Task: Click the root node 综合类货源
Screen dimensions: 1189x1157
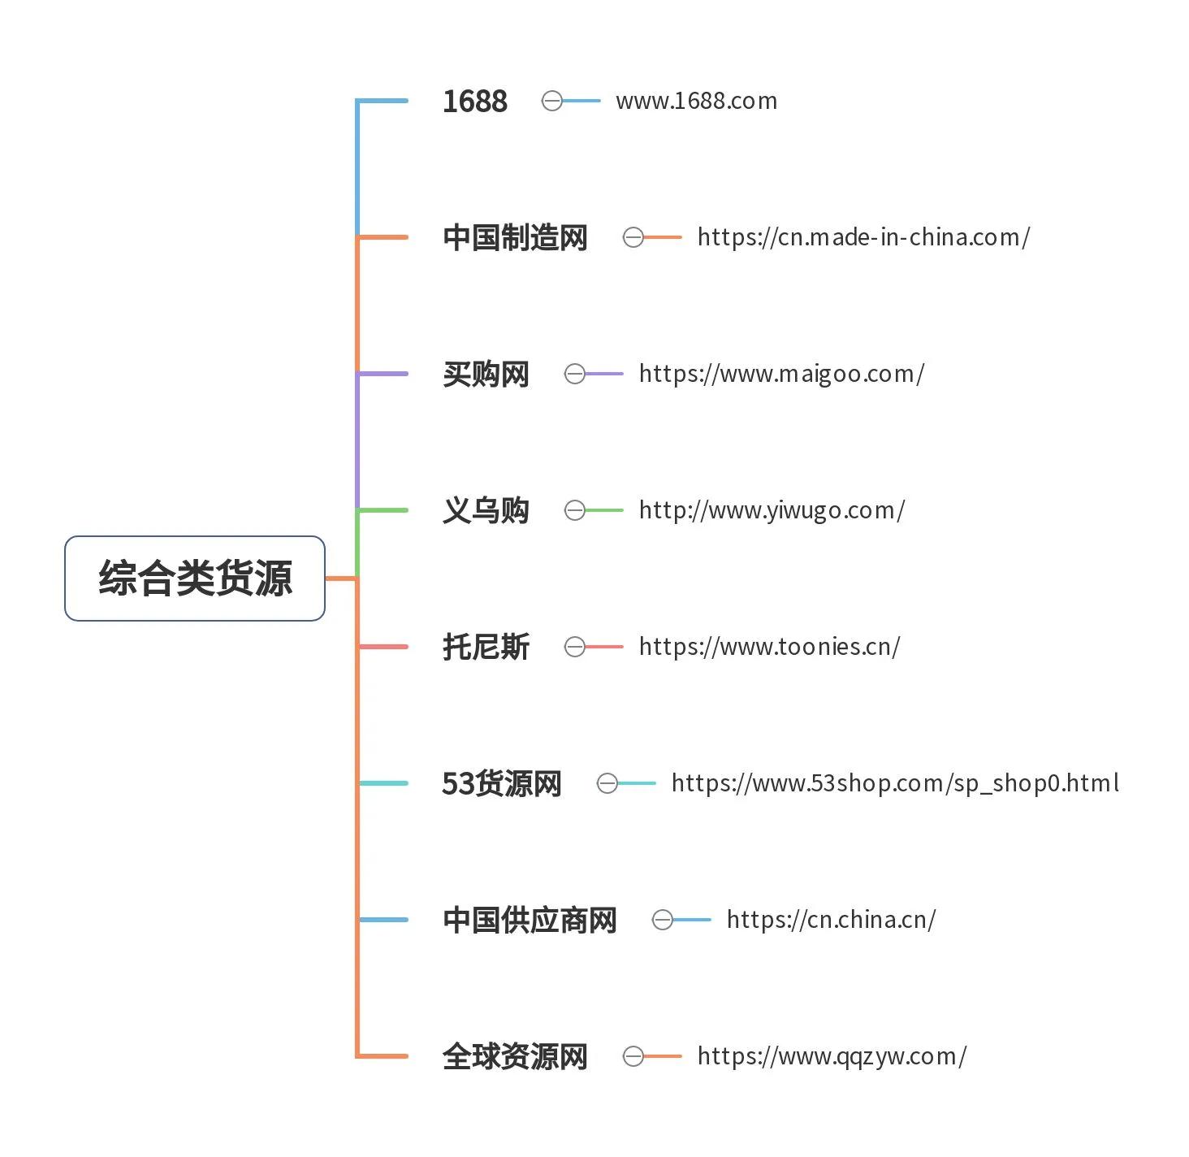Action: pyautogui.click(x=194, y=578)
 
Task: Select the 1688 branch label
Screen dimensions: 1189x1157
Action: pyautogui.click(x=475, y=101)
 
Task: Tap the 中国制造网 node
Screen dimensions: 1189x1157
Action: pyautogui.click(x=515, y=237)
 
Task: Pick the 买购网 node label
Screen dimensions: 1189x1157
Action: pyautogui.click(x=486, y=374)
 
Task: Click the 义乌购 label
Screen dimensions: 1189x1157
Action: pyautogui.click(x=486, y=509)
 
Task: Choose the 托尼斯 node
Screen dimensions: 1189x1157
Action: pyautogui.click(x=486, y=646)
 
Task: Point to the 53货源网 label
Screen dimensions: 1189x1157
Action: pyautogui.click(x=502, y=783)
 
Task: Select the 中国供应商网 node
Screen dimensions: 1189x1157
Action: pyautogui.click(x=530, y=919)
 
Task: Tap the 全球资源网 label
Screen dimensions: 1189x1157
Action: pyautogui.click(x=515, y=1055)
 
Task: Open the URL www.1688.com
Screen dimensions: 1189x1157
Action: pyautogui.click(x=697, y=101)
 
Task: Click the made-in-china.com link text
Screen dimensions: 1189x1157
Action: pyautogui.click(x=863, y=237)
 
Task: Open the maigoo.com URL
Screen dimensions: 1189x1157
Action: pyautogui.click(x=781, y=374)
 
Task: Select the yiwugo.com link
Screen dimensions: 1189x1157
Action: pyautogui.click(x=772, y=509)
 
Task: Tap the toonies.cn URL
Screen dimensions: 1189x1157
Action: pyautogui.click(x=769, y=646)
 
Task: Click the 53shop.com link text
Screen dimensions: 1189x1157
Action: pyautogui.click(x=895, y=783)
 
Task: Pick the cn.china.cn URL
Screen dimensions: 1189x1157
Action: pyautogui.click(x=831, y=919)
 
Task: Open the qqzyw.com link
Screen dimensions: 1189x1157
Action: pyautogui.click(x=832, y=1055)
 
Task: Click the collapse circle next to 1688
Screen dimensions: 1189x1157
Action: pyautogui.click(x=551, y=101)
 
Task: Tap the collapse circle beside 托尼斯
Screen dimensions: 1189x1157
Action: pyautogui.click(x=574, y=646)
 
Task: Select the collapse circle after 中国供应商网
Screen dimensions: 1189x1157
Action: pyautogui.click(x=663, y=919)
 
